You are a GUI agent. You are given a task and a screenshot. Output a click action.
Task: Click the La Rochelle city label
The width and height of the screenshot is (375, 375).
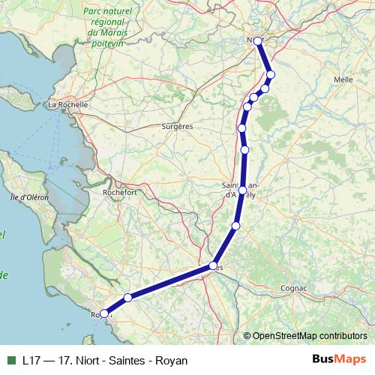tap(68, 105)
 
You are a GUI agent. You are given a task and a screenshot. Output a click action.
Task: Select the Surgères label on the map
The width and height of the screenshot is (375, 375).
tap(177, 127)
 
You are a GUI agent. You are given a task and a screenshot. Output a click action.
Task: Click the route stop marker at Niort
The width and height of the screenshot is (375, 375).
tap(258, 40)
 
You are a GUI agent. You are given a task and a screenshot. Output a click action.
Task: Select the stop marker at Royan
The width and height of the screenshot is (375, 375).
tap(103, 314)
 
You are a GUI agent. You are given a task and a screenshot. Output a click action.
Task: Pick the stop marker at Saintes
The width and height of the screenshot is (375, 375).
tap(214, 265)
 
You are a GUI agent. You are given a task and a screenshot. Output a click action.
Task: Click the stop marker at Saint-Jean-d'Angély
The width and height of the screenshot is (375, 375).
tap(241, 189)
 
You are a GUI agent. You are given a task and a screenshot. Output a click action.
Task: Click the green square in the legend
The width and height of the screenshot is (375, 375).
tap(10, 360)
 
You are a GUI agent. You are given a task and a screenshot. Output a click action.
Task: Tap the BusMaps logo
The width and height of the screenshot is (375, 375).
tap(340, 360)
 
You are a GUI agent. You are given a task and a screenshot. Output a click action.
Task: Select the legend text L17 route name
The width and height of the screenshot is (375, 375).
tap(105, 360)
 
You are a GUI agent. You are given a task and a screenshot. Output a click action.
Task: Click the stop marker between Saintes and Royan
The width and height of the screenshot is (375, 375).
tap(128, 298)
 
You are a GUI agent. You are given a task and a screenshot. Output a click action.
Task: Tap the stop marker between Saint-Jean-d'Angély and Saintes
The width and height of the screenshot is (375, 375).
tap(235, 226)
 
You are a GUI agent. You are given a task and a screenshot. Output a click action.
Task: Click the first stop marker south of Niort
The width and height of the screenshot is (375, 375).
tap(271, 73)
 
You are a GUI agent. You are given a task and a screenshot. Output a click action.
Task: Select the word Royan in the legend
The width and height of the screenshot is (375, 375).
tap(171, 360)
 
